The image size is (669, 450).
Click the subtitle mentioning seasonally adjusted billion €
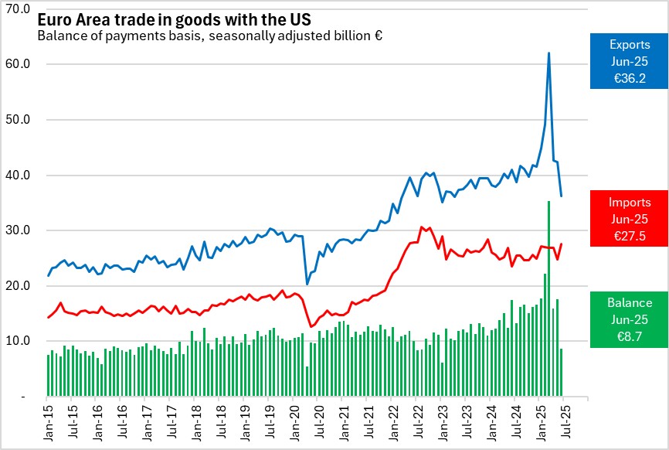(210, 36)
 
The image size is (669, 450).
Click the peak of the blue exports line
(548, 53)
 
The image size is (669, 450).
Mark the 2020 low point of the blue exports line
(307, 284)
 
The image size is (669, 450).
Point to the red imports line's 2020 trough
(311, 326)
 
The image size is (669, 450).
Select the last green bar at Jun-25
(561, 373)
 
